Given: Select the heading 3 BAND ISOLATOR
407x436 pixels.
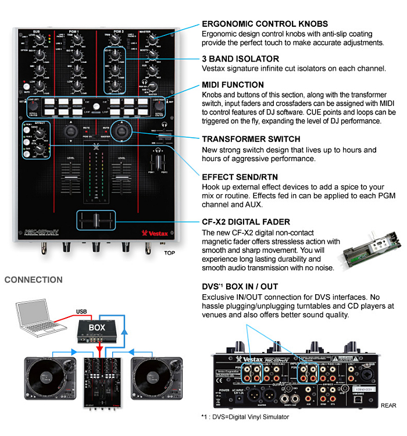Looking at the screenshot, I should tap(240, 59).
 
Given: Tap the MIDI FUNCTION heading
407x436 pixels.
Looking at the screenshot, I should tap(233, 85).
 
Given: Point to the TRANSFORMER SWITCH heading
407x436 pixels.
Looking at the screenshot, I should tap(251, 140).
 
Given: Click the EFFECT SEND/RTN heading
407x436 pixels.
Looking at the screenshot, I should tap(243, 176).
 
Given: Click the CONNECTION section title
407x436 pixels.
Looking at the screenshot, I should tap(34, 280).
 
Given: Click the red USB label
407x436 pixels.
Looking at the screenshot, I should tap(83, 311).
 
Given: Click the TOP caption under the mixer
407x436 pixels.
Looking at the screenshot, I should tap(169, 253).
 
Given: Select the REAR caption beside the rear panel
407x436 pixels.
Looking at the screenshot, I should tap(388, 405).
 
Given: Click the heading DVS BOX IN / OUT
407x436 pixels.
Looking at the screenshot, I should tap(240, 287).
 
